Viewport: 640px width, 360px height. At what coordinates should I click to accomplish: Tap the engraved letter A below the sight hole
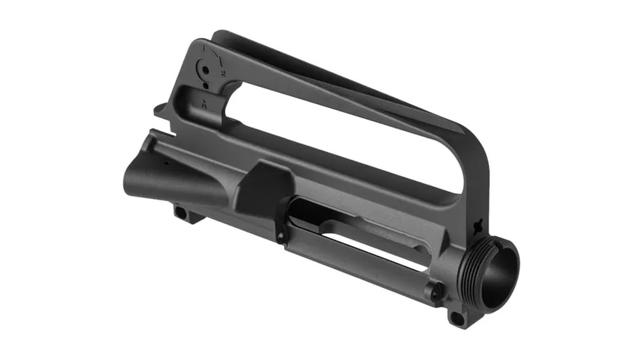205,103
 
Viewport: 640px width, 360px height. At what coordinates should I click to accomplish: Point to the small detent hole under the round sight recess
205,85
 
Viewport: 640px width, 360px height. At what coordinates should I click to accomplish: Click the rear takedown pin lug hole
179,212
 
